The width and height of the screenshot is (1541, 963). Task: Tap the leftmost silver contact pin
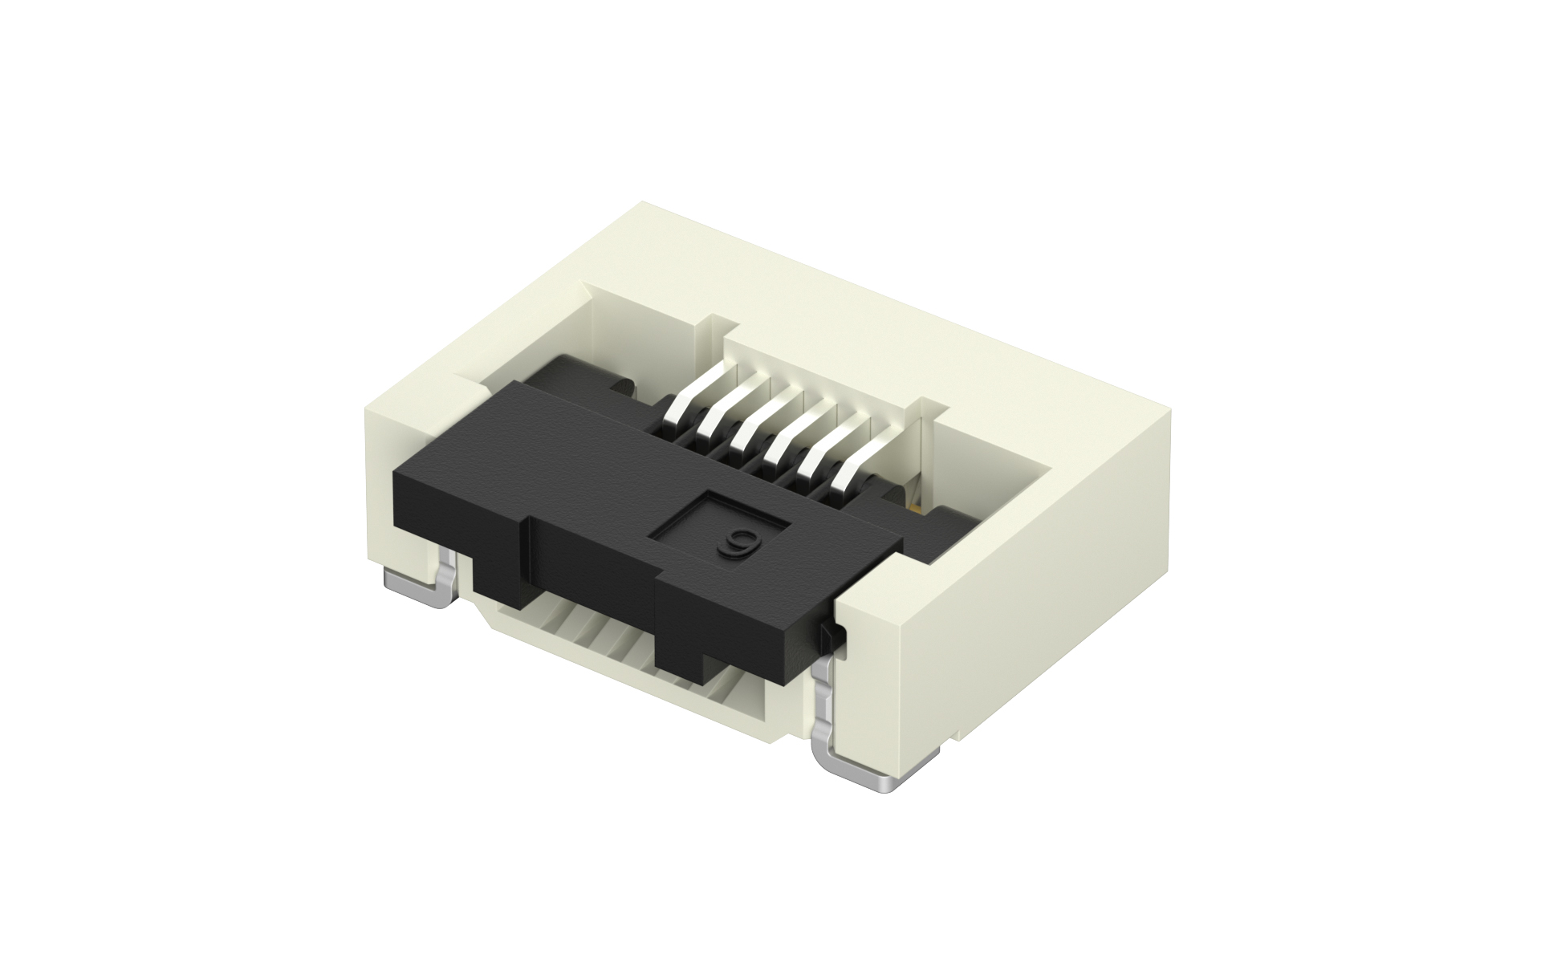694,394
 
